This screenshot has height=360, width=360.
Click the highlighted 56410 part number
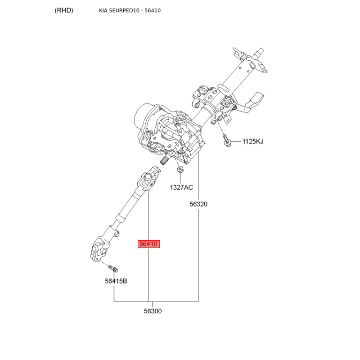pos(148,244)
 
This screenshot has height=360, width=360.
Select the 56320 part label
pos(198,204)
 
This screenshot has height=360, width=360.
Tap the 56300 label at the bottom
pos(153,311)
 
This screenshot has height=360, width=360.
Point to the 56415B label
pos(116,281)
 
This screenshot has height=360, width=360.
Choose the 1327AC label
pos(181,188)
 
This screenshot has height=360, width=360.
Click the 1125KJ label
pos(253,141)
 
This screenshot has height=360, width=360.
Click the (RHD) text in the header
pos(64,10)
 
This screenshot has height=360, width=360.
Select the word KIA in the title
pos(103,10)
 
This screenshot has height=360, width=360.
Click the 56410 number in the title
pos(153,10)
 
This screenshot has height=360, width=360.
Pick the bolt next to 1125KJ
pos(226,140)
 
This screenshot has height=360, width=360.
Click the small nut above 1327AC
pos(180,170)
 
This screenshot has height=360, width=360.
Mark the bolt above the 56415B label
pos(113,269)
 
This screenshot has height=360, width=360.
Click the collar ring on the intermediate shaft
pos(121,218)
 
